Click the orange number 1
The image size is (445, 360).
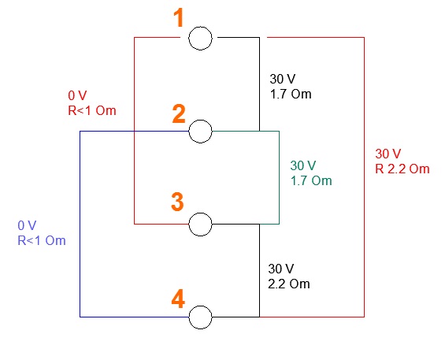tap(179, 17)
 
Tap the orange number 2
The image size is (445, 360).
tap(179, 114)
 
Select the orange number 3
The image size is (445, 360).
tap(177, 202)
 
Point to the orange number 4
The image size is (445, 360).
tap(178, 299)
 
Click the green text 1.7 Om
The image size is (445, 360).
tap(311, 180)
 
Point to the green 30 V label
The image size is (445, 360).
tap(302, 165)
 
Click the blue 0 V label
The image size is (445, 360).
tap(27, 225)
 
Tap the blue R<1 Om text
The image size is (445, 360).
tap(42, 240)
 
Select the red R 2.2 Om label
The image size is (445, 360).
tap(402, 169)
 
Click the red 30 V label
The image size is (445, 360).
tap(388, 154)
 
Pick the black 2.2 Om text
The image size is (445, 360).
tap(288, 284)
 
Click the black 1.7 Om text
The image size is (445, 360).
tap(291, 94)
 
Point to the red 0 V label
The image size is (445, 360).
tap(77, 95)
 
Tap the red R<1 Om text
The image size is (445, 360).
tap(92, 110)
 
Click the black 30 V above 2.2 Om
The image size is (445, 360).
tap(281, 269)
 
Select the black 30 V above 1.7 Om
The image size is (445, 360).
tap(283, 79)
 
